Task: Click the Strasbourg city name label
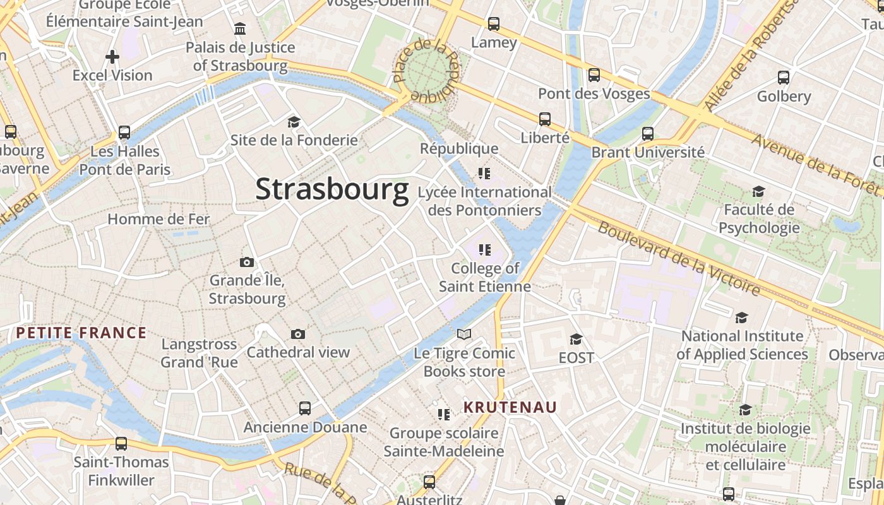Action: coord(332,189)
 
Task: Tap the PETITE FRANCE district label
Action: coord(81,333)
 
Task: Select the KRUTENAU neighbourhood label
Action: coord(510,407)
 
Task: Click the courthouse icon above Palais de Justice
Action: coord(240,28)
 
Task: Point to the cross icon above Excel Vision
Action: coord(112,57)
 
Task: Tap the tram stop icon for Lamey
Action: coord(494,24)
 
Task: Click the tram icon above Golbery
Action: coord(784,78)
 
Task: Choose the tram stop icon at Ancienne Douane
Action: coord(305,408)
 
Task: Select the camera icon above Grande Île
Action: coord(247,262)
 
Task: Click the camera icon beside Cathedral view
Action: coord(298,334)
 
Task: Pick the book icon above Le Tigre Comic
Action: coord(464,334)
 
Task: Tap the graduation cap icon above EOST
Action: coord(576,339)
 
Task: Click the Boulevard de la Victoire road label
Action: coord(679,258)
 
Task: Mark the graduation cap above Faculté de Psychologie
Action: coord(758,191)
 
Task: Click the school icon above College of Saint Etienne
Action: coord(485,250)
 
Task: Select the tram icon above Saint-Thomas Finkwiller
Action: coord(121,443)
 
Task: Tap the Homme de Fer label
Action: coord(158,219)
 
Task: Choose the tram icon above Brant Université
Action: coord(648,133)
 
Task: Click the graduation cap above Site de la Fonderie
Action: coord(294,122)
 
